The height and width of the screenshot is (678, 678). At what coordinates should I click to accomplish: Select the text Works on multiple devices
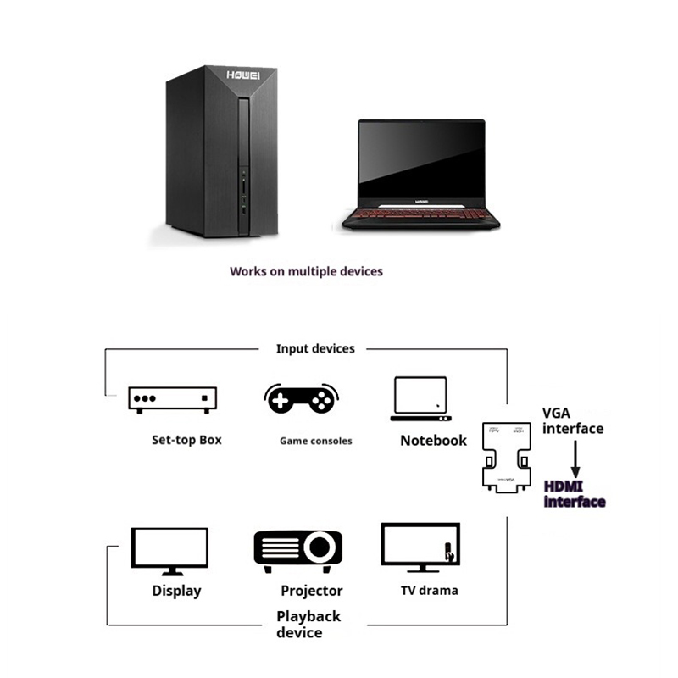306,272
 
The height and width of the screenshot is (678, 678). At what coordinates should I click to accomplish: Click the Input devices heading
315,348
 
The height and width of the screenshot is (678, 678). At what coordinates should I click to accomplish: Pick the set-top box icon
172,399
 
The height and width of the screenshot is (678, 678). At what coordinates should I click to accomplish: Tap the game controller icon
302,398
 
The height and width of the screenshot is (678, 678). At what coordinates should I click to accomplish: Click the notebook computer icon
420,399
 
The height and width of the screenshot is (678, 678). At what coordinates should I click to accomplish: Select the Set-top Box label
186,440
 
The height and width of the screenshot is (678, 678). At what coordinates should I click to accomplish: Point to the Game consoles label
315,441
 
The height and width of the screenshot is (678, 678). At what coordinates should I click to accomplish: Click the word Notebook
433,440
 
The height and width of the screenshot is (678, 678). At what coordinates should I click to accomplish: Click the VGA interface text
573,421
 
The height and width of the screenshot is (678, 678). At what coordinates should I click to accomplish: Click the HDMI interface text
574,494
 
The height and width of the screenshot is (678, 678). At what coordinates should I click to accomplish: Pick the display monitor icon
169,551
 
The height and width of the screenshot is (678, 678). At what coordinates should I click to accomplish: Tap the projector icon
298,553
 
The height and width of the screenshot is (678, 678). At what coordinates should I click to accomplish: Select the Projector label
312,591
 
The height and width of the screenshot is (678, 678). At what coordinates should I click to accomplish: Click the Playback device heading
308,624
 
